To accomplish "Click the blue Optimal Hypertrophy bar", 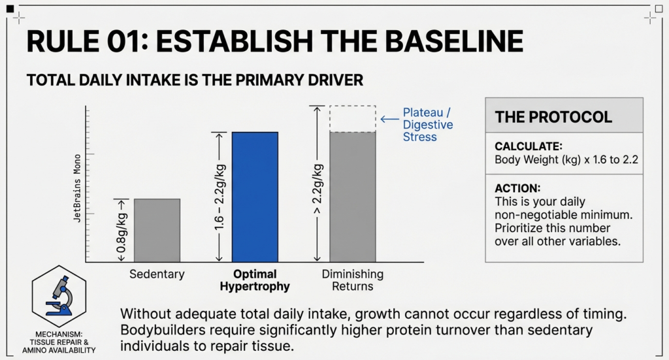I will [255, 196].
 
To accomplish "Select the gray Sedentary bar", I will [157, 230].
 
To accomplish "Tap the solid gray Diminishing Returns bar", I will [353, 196].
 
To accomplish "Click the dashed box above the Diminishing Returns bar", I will [353, 119].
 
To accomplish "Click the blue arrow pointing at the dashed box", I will [389, 119].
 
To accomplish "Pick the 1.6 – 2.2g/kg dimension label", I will [221, 196].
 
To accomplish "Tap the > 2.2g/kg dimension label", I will [318, 189].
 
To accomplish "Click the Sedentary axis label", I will [157, 274].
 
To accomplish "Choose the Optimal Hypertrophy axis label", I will [255, 280].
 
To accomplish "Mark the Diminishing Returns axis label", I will [353, 280].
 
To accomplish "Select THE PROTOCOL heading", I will [553, 117].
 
